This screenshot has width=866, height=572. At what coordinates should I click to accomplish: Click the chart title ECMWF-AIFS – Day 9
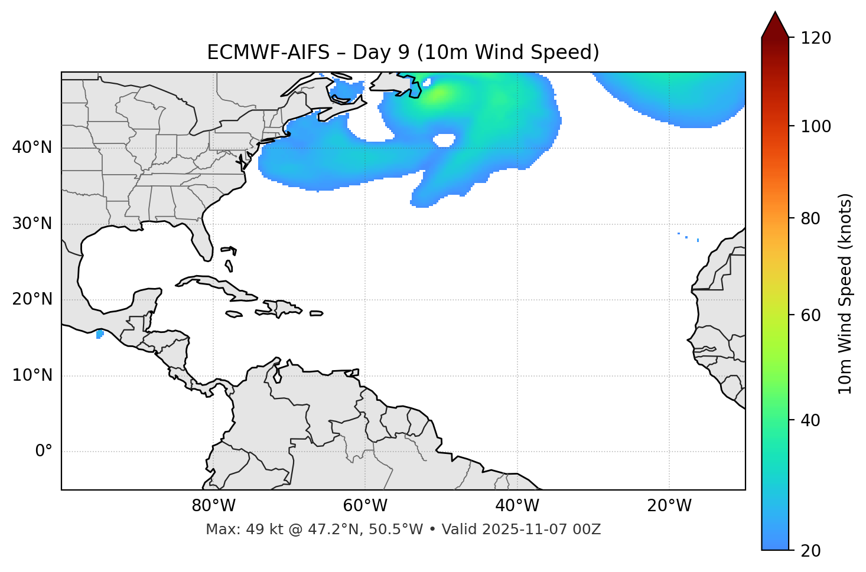pyautogui.click(x=403, y=53)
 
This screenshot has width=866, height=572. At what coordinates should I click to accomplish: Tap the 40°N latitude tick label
pyautogui.click(x=32, y=148)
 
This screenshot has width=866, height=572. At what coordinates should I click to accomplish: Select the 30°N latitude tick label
pyautogui.click(x=32, y=224)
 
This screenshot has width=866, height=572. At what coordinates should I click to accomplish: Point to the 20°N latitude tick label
pyautogui.click(x=32, y=299)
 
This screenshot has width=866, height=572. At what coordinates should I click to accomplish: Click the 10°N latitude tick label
pyautogui.click(x=32, y=375)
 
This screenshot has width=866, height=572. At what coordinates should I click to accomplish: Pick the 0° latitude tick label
pyautogui.click(x=44, y=452)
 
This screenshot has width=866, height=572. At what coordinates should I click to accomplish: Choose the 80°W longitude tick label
pyautogui.click(x=213, y=506)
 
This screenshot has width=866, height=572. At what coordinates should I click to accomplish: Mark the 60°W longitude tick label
pyautogui.click(x=365, y=506)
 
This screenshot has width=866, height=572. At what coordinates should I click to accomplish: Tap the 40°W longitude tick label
pyautogui.click(x=517, y=506)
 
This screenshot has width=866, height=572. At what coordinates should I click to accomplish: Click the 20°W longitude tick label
pyautogui.click(x=669, y=506)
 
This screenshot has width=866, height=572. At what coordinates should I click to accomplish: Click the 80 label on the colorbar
pyautogui.click(x=813, y=218)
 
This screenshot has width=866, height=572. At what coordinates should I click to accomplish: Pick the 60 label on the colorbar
pyautogui.click(x=813, y=315)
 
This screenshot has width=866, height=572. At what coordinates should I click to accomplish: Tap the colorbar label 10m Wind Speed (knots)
pyautogui.click(x=846, y=293)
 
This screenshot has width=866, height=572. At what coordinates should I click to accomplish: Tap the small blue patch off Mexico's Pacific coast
pyautogui.click(x=99, y=334)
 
